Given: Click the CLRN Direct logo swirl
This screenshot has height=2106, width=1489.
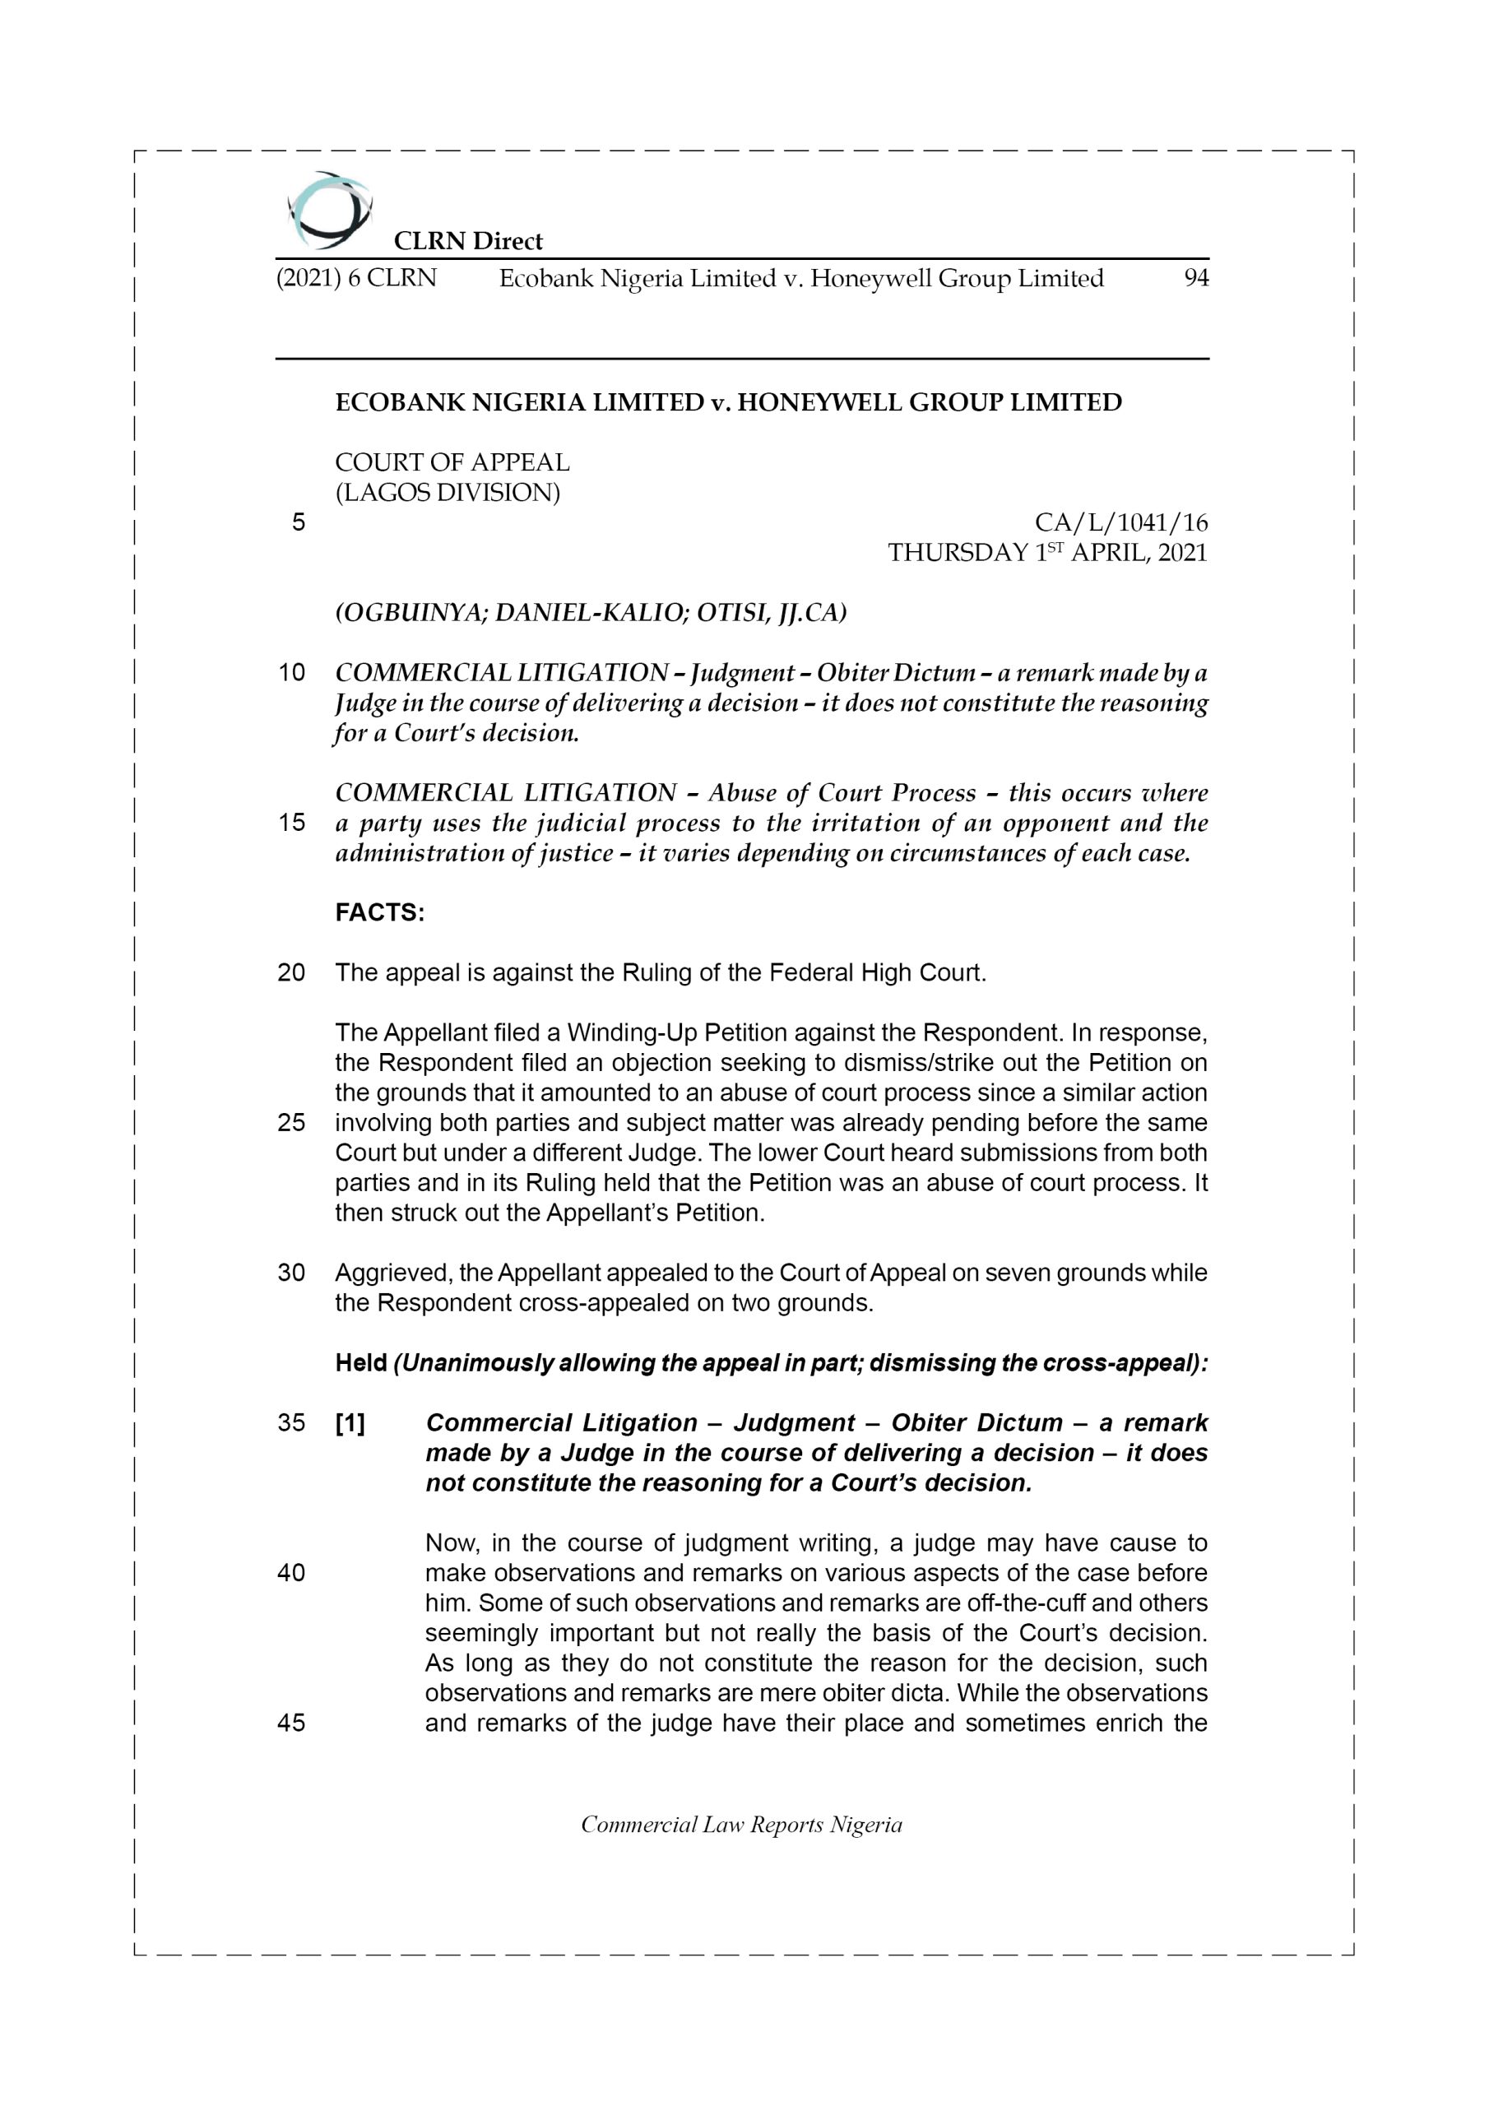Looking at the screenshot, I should (329, 210).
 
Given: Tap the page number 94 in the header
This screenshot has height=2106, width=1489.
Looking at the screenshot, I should (1195, 278).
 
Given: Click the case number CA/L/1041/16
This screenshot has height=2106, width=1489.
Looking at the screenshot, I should (1120, 523).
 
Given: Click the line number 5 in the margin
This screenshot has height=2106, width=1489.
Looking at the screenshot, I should (298, 523).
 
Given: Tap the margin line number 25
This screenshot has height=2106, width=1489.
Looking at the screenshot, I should (292, 1123).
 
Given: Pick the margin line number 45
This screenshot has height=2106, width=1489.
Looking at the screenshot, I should (292, 1723).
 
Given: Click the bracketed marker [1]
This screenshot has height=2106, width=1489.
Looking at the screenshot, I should (350, 1422).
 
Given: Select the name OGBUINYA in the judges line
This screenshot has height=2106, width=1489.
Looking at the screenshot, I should (412, 613).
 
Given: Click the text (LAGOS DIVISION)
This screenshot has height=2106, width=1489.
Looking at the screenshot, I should (448, 494).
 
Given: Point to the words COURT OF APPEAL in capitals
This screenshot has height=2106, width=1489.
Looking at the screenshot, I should (452, 462).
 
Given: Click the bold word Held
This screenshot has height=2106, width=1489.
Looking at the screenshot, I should (360, 1363).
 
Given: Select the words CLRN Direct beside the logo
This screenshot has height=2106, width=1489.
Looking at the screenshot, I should (468, 241).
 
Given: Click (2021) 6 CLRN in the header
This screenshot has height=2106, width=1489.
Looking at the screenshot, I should (356, 278).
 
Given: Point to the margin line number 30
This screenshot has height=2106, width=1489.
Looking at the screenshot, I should (292, 1273).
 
